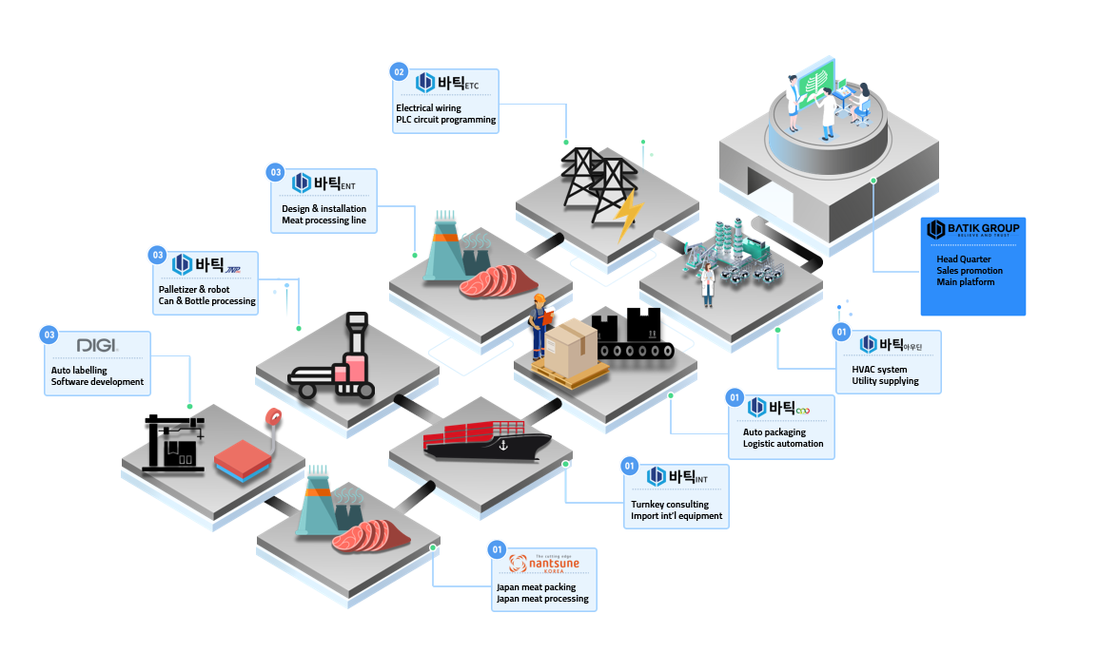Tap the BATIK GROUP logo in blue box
pos(972,229)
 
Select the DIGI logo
pos(96,345)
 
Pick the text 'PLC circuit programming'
pos(445,120)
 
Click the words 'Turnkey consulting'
pos(669,504)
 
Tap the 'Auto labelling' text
pos(79,371)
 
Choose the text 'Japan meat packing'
pos(535,586)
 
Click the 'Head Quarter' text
pos(963,259)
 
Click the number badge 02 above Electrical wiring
pos(400,71)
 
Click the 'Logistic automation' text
pos(783,444)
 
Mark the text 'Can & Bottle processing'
pos(206,301)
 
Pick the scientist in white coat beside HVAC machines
pos(707,284)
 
